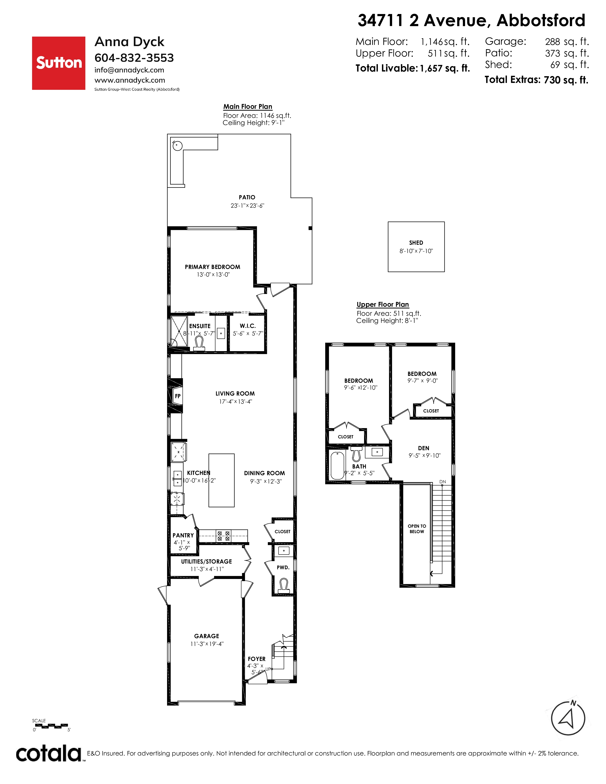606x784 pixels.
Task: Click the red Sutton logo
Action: click(58, 63)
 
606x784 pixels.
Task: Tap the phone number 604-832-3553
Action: click(134, 58)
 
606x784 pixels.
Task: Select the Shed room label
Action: click(416, 243)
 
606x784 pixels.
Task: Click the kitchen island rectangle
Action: click(221, 480)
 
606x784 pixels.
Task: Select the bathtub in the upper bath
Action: click(337, 466)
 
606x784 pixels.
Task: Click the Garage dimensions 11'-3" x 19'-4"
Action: click(207, 644)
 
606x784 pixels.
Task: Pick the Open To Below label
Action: click(417, 529)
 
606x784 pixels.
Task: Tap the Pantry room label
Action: click(183, 535)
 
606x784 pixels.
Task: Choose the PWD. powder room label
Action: click(283, 568)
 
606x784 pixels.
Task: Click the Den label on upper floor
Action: click(424, 448)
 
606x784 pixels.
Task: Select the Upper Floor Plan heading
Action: click(383, 304)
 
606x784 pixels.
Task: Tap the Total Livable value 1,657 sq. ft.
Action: click(445, 68)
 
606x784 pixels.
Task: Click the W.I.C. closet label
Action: click(248, 326)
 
